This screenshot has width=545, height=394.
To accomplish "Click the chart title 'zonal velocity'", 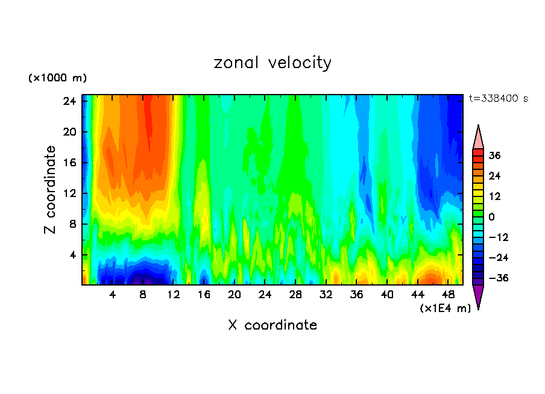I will click(272, 63).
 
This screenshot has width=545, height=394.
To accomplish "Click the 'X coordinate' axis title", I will click(272, 325).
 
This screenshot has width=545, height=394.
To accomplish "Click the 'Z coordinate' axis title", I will click(51, 190).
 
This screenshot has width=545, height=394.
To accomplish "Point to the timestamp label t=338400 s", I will click(499, 99).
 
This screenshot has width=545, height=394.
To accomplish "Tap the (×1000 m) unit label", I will click(57, 78).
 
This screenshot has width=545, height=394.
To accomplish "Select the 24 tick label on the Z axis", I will click(69, 101).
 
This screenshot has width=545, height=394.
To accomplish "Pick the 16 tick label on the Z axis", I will click(69, 163).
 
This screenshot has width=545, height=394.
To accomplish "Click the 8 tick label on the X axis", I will click(143, 295).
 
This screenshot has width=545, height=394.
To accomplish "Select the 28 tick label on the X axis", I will click(295, 295).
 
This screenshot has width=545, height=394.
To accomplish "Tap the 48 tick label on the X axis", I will click(448, 295).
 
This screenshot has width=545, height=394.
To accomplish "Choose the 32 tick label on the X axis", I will click(326, 295).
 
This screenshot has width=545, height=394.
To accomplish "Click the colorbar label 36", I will click(494, 155).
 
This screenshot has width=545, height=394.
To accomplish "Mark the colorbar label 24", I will click(494, 176).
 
